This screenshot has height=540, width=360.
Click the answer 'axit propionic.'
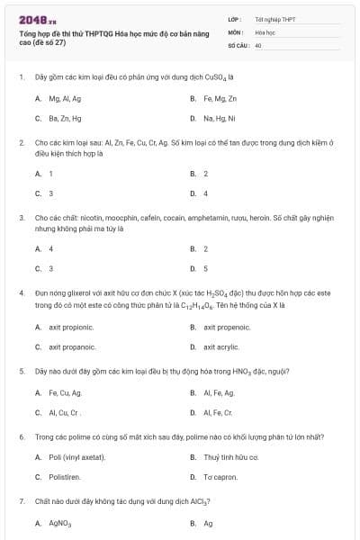pos(72,327)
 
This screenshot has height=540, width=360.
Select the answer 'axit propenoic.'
pos(227,327)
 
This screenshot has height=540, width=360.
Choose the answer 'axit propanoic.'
pos(72,346)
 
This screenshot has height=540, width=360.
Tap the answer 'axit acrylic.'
pos(223,346)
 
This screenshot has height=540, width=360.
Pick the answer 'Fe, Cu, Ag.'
pos(66,392)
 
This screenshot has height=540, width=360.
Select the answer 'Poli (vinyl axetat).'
pos(77,457)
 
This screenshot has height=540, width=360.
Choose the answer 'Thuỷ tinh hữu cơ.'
pos(230,457)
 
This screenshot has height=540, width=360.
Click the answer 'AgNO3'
pos(60,522)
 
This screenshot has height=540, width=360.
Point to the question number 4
pos(21,292)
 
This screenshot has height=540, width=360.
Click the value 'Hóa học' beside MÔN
pos(265,31)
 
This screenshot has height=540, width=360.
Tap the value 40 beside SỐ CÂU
pos(258,44)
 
